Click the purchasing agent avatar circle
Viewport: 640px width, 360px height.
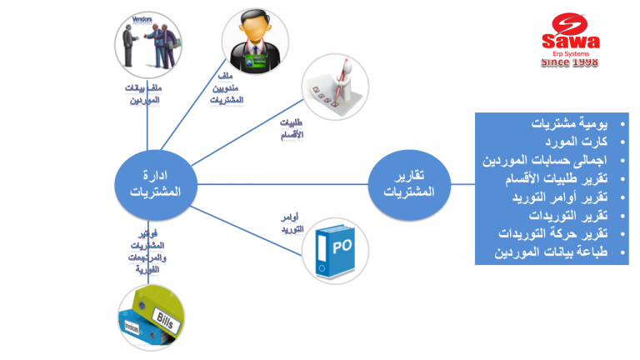point(255,45)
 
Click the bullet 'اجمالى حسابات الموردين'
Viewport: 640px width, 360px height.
point(547,160)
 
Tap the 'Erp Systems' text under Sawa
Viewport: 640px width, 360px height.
point(570,53)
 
